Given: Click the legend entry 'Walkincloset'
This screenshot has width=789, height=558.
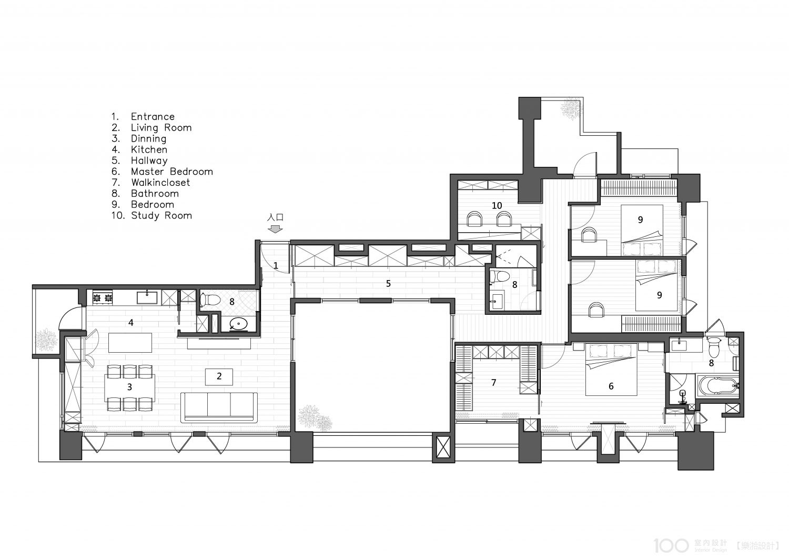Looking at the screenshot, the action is click(160, 182).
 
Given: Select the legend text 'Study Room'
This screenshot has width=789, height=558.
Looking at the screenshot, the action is click(161, 215).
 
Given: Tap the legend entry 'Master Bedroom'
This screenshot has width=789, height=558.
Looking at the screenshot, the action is click(172, 171).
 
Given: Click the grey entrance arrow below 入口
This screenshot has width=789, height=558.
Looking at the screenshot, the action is click(275, 229).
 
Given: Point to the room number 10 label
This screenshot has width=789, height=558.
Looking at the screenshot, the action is click(497, 205).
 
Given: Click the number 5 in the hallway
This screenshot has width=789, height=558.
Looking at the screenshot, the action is click(388, 283).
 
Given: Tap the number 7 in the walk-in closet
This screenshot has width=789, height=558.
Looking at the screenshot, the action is click(493, 383).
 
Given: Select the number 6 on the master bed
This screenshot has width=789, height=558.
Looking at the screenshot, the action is click(611, 386).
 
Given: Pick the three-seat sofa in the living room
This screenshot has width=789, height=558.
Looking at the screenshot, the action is click(219, 407).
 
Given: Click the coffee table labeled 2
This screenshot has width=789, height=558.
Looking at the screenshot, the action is click(219, 377).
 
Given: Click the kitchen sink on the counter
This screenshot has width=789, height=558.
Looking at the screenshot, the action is click(147, 297).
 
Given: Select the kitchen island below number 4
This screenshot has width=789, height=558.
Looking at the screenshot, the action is click(130, 343).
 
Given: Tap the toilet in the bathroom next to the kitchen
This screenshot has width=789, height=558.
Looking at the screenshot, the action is click(210, 301).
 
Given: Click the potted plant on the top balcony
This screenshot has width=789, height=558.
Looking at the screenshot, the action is click(570, 108).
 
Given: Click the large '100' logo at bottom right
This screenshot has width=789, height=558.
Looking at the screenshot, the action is click(671, 545).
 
